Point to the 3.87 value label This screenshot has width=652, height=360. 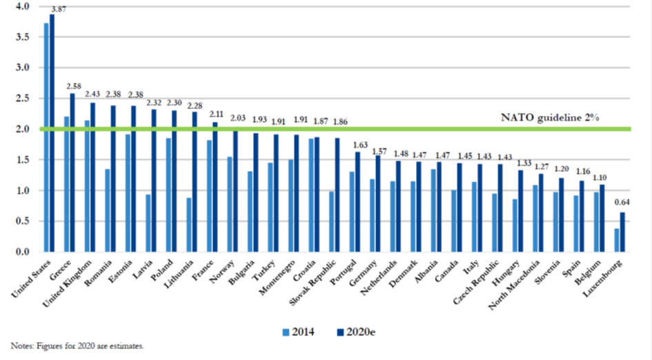pyautogui.click(x=58, y=8)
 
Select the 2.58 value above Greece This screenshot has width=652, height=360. pyautogui.click(x=75, y=86)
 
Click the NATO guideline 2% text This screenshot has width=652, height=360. pyautogui.click(x=549, y=117)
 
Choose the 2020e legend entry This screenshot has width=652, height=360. pyautogui.click(x=359, y=332)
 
